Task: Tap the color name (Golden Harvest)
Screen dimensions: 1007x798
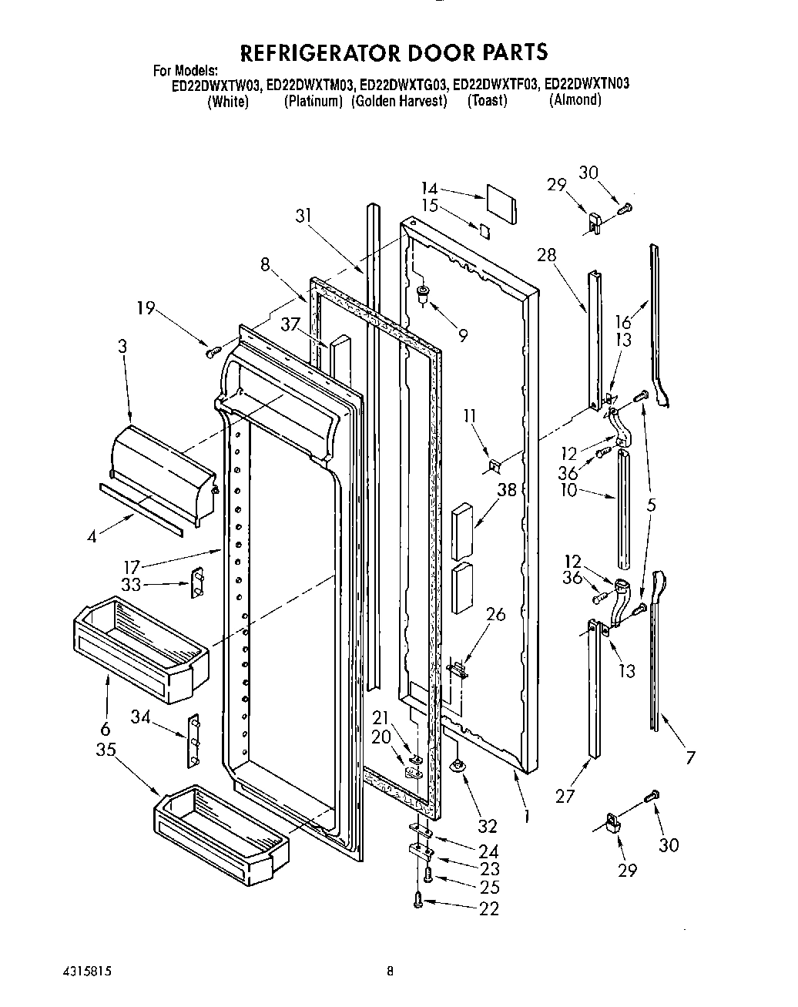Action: click(x=399, y=102)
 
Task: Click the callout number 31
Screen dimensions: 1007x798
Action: click(x=304, y=216)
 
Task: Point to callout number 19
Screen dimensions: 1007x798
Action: click(x=146, y=309)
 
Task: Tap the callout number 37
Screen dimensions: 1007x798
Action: click(x=290, y=325)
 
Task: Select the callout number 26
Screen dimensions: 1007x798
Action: click(x=496, y=614)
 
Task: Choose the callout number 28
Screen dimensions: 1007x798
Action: click(x=547, y=255)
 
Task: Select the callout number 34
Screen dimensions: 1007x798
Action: click(x=139, y=718)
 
